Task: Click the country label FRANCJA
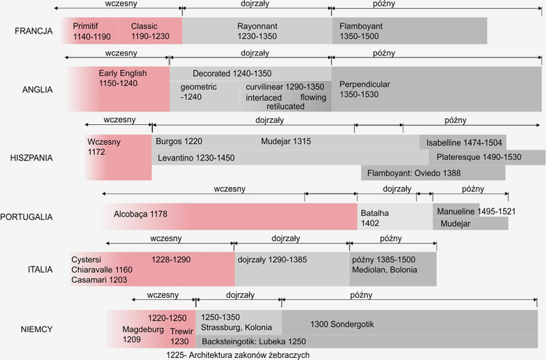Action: (33, 31)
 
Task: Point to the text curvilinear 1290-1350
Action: (285, 87)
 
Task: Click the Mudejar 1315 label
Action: (285, 141)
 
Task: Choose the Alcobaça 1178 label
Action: (141, 214)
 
